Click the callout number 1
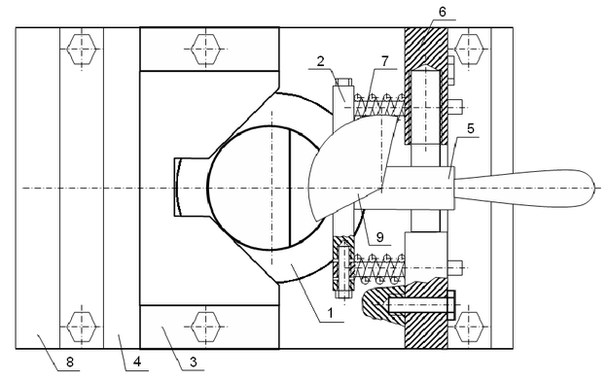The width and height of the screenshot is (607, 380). tap(330, 314)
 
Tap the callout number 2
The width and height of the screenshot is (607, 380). tap(320, 62)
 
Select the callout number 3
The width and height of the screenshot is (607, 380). tap(194, 363)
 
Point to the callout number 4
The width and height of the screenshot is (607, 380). tap(137, 363)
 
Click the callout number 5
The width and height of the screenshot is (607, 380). tap(471, 128)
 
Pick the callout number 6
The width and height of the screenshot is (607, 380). tap(442, 12)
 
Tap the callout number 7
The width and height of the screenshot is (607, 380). tap(385, 61)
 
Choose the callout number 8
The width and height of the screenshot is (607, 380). tap(69, 363)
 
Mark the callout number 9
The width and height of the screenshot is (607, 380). tap(379, 237)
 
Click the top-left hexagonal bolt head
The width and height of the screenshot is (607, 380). tap(82, 49)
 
